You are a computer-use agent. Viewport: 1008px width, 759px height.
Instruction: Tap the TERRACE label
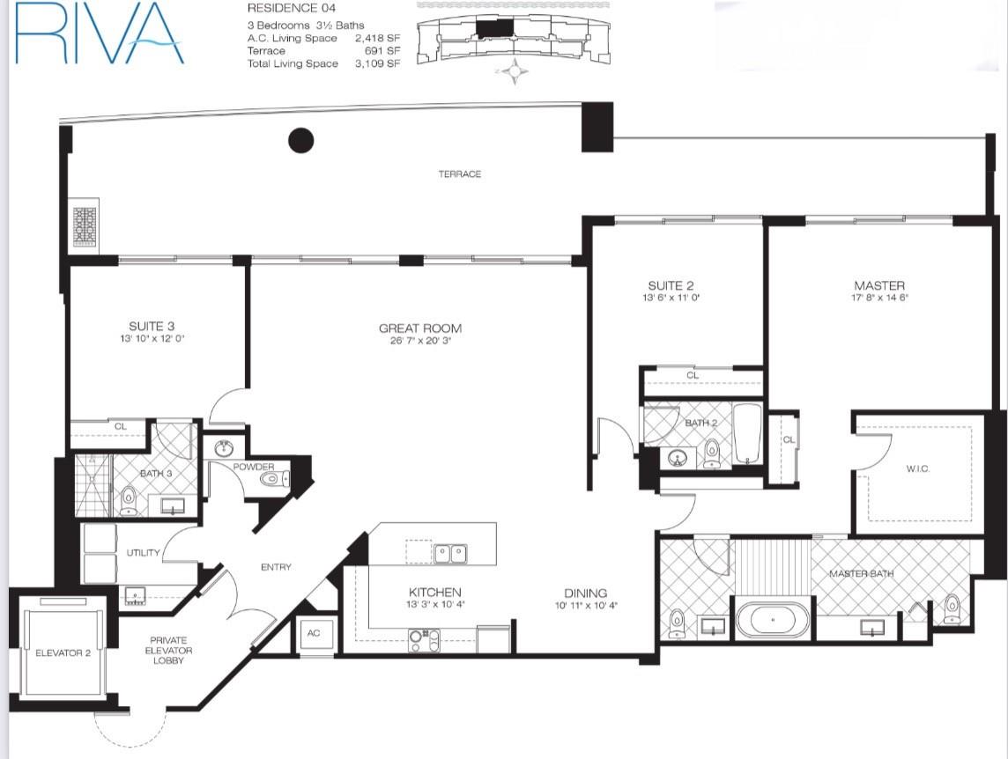click(460, 173)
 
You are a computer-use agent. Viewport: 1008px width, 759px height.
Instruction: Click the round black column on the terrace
click(300, 141)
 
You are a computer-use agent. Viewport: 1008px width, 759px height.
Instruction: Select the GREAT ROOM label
click(420, 328)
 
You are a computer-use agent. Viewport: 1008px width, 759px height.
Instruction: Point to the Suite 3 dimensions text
click(152, 339)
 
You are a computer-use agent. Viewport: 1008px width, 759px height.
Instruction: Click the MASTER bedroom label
click(879, 285)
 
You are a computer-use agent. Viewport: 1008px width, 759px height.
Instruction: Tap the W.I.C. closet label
click(918, 469)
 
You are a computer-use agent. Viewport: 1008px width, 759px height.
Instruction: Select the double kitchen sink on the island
click(450, 554)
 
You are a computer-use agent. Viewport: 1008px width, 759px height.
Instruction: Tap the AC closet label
click(314, 633)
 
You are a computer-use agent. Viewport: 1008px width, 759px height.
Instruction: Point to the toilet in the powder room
click(278, 478)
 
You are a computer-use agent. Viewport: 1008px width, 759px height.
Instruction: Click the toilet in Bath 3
click(129, 501)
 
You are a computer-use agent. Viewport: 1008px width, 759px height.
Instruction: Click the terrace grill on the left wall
click(85, 226)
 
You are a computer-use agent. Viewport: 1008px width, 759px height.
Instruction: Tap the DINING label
click(586, 593)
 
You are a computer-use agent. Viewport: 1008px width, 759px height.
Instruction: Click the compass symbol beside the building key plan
click(515, 70)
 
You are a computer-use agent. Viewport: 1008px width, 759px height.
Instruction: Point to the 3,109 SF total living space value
click(377, 63)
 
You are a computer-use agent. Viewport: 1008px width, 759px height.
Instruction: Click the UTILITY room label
click(143, 553)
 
